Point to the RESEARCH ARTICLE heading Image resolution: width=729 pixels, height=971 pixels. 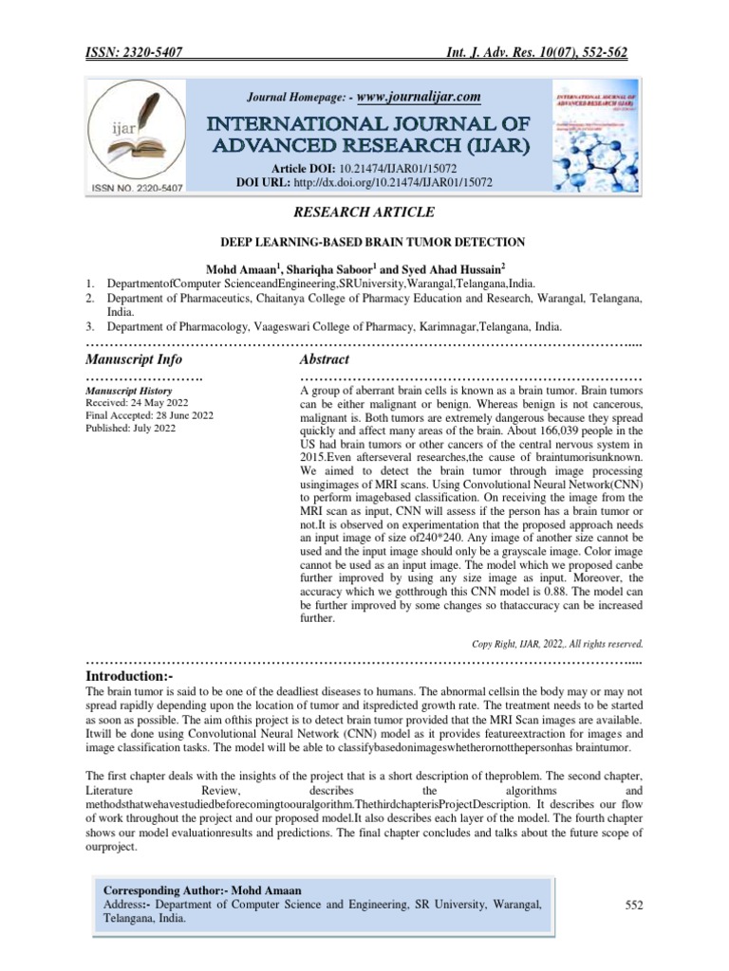click(x=364, y=211)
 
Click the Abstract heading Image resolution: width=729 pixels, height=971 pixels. click(x=324, y=360)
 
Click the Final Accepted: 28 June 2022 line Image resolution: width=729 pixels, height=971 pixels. click(x=149, y=415)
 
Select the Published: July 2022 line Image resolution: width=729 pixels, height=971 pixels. click(x=130, y=429)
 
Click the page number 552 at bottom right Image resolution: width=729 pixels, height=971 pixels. click(x=634, y=906)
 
